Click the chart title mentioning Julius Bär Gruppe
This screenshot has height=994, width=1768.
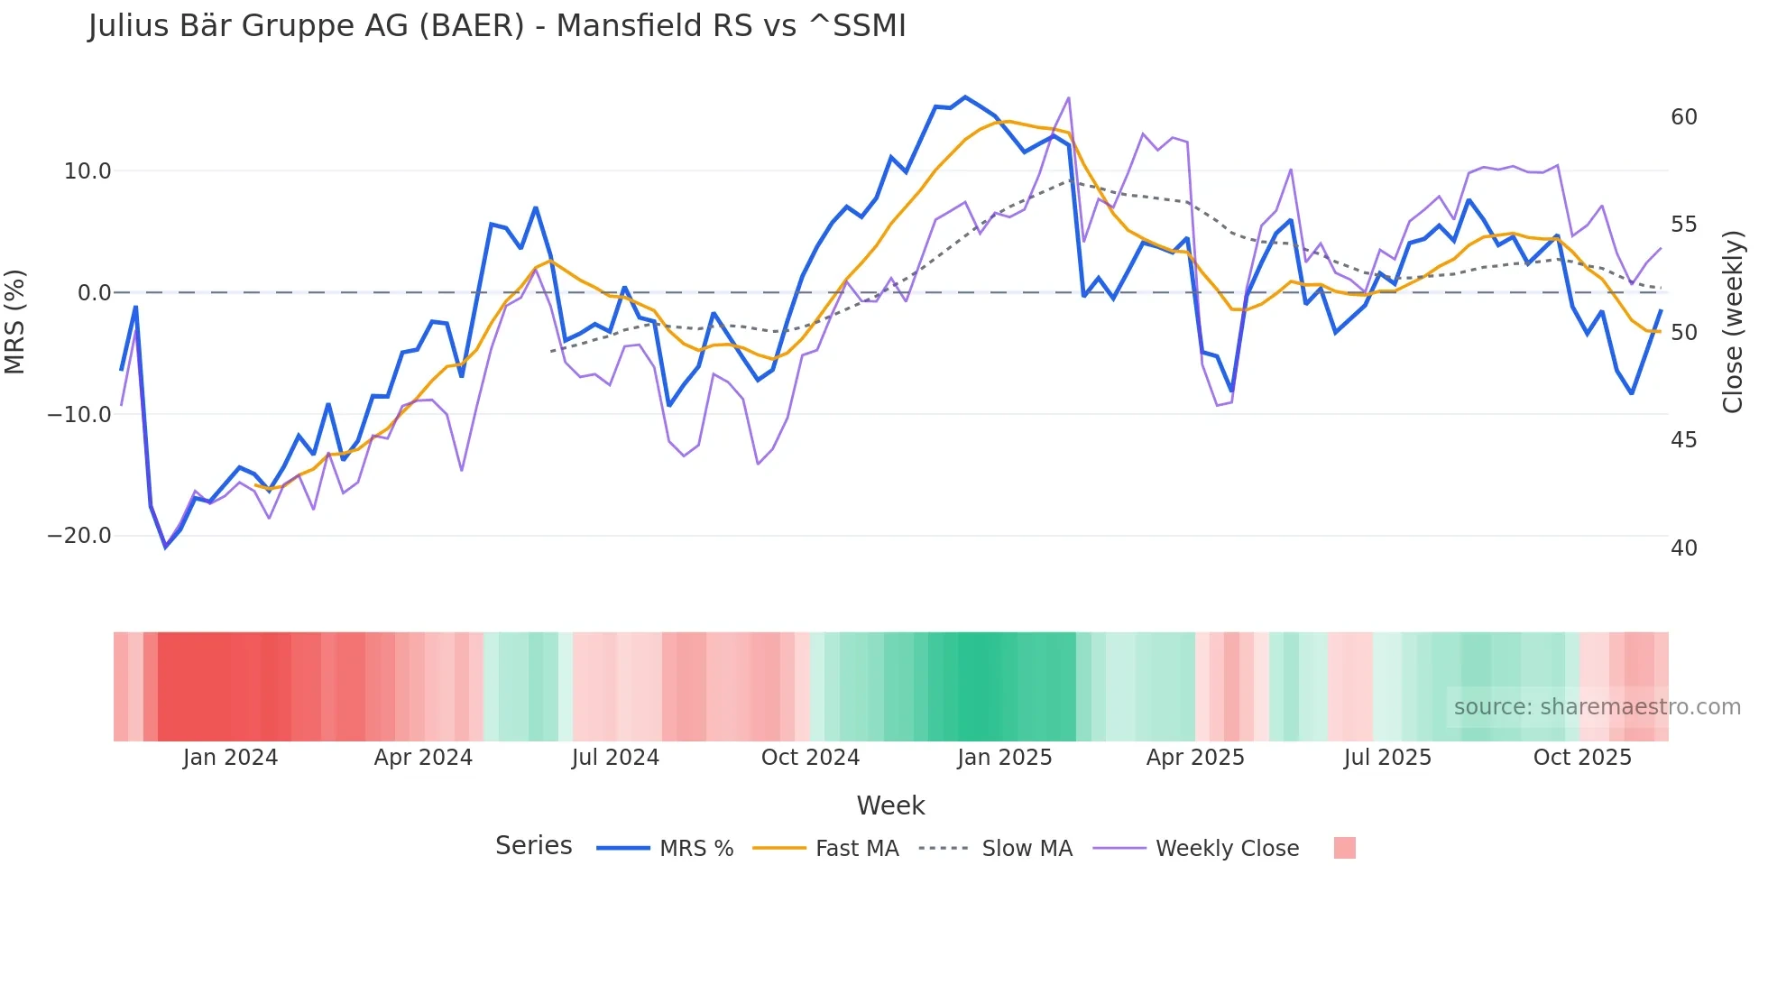497,26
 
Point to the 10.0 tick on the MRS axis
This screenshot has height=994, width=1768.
87,171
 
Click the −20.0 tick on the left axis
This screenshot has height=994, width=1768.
79,536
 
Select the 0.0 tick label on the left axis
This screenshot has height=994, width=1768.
94,293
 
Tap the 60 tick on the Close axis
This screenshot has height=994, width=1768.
1683,117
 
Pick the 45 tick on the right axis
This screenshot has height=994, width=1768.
1683,440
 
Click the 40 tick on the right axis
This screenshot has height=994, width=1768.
1683,548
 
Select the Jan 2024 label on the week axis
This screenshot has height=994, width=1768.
230,758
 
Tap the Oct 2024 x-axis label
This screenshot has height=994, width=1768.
810,758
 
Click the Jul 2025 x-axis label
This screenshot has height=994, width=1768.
1387,758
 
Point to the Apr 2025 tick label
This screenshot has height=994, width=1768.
1195,758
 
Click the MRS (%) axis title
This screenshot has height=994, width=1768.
15,322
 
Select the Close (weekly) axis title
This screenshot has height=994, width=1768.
1732,322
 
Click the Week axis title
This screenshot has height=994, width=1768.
890,805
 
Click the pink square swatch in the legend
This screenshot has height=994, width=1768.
1344,848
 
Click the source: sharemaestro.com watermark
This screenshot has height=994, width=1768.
1597,707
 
